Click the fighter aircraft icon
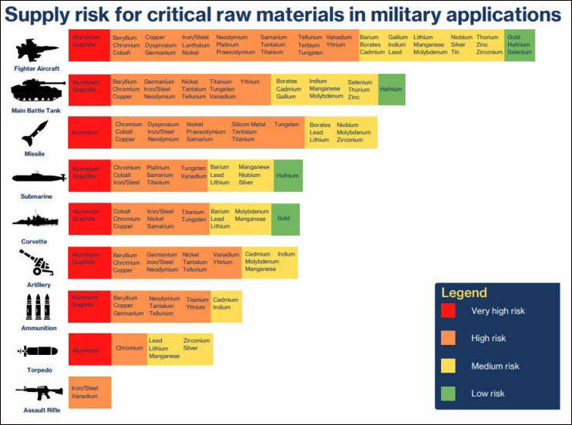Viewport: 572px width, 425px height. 36,51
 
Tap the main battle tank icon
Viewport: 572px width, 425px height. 37,92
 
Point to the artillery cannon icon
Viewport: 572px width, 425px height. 35,264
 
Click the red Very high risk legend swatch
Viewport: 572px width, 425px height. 448,311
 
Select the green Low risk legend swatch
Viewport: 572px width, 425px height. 448,393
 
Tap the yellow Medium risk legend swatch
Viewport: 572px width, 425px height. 448,366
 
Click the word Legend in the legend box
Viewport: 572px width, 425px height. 464,293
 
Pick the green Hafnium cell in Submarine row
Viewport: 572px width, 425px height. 288,176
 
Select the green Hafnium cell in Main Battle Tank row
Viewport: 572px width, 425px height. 391,89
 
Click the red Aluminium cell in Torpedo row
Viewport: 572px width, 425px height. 85,350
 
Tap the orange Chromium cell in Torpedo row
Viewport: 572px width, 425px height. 130,349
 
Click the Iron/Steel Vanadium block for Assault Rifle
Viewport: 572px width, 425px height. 89,392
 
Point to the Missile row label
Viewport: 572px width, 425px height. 35,154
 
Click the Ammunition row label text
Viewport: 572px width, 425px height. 39,328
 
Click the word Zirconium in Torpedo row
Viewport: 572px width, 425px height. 196,340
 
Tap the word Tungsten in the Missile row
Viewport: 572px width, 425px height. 286,125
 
